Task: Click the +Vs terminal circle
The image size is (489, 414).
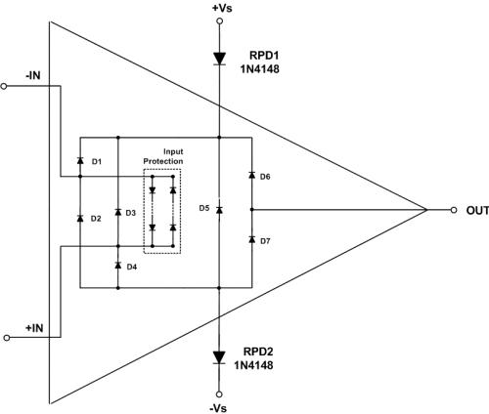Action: click(x=220, y=21)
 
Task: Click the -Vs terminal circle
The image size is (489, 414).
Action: click(x=219, y=394)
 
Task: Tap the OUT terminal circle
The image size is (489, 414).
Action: click(x=454, y=210)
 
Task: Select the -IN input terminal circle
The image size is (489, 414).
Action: click(x=4, y=86)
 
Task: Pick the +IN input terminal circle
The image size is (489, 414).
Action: click(x=7, y=338)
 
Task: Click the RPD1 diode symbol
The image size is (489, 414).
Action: click(x=219, y=59)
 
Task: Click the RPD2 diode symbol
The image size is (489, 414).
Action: click(x=219, y=357)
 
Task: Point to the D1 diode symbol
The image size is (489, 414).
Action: click(x=80, y=160)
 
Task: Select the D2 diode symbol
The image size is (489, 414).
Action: click(x=80, y=218)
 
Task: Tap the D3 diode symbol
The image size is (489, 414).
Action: click(x=118, y=212)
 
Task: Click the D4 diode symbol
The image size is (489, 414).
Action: click(x=118, y=266)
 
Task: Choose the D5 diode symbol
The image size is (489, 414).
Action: click(x=219, y=210)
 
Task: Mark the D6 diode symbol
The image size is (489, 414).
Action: click(x=251, y=175)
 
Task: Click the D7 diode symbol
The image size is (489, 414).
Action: click(x=251, y=239)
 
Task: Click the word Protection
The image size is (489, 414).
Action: click(x=163, y=161)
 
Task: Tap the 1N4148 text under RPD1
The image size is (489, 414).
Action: click(x=260, y=69)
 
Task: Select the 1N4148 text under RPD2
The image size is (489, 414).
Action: click(x=253, y=365)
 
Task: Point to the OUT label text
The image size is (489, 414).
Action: click(x=477, y=211)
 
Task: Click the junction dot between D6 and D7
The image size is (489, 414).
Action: click(x=251, y=210)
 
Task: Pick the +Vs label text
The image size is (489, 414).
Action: click(x=222, y=8)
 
